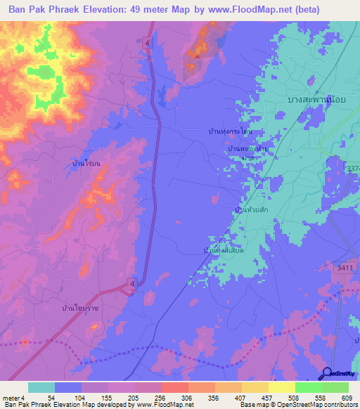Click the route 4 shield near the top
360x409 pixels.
[148, 43]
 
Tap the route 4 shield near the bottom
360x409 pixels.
[131, 283]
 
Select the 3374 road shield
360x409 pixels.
[353, 169]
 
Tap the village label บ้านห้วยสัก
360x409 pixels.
[251, 210]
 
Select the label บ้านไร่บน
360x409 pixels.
[86, 162]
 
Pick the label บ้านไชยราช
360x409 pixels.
[81, 307]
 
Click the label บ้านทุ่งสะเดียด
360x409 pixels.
[224, 250]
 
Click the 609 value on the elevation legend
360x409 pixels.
[345, 398]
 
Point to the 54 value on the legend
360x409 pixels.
[50, 398]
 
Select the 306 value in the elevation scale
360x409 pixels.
[185, 398]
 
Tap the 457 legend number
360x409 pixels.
[264, 398]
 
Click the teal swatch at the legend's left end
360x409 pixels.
[41, 387]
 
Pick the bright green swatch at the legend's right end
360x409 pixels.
[335, 387]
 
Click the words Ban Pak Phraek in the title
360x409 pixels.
[44, 10]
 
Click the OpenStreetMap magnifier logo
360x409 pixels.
[328, 373]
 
